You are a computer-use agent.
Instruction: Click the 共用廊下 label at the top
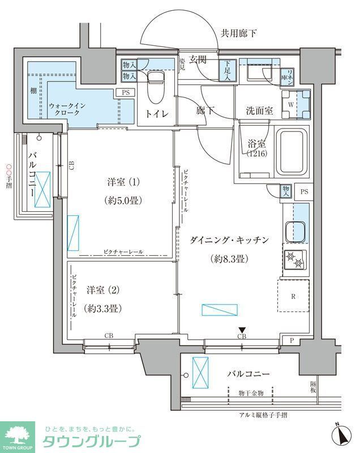pos(238,33)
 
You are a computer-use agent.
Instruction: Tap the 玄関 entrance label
pos(198,59)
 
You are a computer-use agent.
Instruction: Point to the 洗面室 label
pos(259,111)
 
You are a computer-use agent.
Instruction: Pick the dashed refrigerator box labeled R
pos(293,296)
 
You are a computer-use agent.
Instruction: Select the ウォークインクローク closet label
pos(67,109)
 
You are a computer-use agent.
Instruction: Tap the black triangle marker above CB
pos(242,330)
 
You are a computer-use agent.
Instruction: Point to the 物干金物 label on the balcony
pos(251,392)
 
